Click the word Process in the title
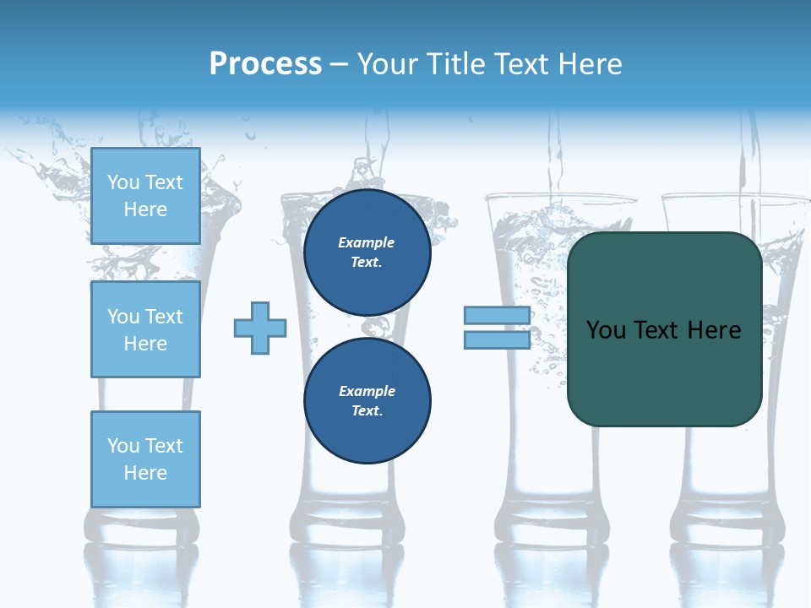click(x=265, y=64)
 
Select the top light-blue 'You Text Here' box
click(x=145, y=196)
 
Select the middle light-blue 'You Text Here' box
click(x=145, y=329)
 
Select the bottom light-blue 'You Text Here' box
click(x=145, y=459)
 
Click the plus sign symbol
click(x=260, y=328)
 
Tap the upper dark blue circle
click(x=367, y=252)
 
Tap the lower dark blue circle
click(x=367, y=401)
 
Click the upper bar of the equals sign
click(x=497, y=315)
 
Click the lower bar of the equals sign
click(x=497, y=339)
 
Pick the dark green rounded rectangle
click(x=664, y=372)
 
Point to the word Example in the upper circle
click(x=366, y=242)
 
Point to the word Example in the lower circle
click(x=367, y=391)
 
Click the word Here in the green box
click(x=714, y=330)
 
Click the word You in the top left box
click(x=123, y=182)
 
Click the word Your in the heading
click(x=389, y=64)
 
